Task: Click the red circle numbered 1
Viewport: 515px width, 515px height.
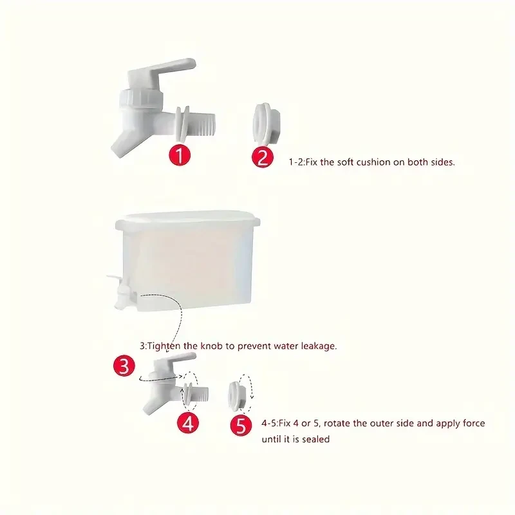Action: click(180, 155)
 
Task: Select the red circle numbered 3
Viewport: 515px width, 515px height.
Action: click(124, 366)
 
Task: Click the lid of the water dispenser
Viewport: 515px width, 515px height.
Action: click(187, 220)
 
